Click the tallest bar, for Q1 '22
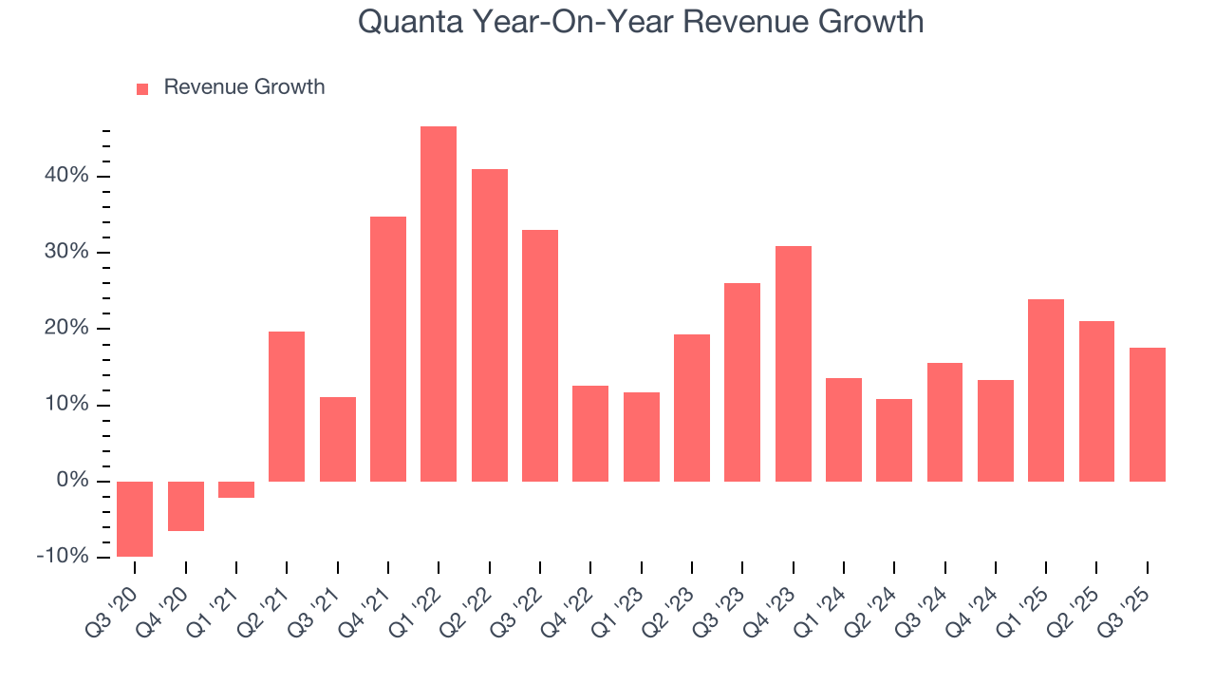pyautogui.click(x=439, y=304)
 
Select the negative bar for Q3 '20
pyautogui.click(x=135, y=519)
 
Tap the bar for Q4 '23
pyautogui.click(x=793, y=364)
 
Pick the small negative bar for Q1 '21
pyautogui.click(x=236, y=489)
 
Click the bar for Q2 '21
pyautogui.click(x=287, y=407)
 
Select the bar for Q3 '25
pyautogui.click(x=1147, y=414)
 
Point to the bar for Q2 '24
pyautogui.click(x=894, y=440)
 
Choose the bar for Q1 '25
pyautogui.click(x=1046, y=390)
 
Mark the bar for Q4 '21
pyautogui.click(x=388, y=349)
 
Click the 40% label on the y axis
pyautogui.click(x=65, y=176)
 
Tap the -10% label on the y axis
pyautogui.click(x=63, y=557)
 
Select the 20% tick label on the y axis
pyautogui.click(x=65, y=329)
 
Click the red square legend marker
pyautogui.click(x=142, y=88)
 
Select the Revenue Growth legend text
pyautogui.click(x=244, y=87)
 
